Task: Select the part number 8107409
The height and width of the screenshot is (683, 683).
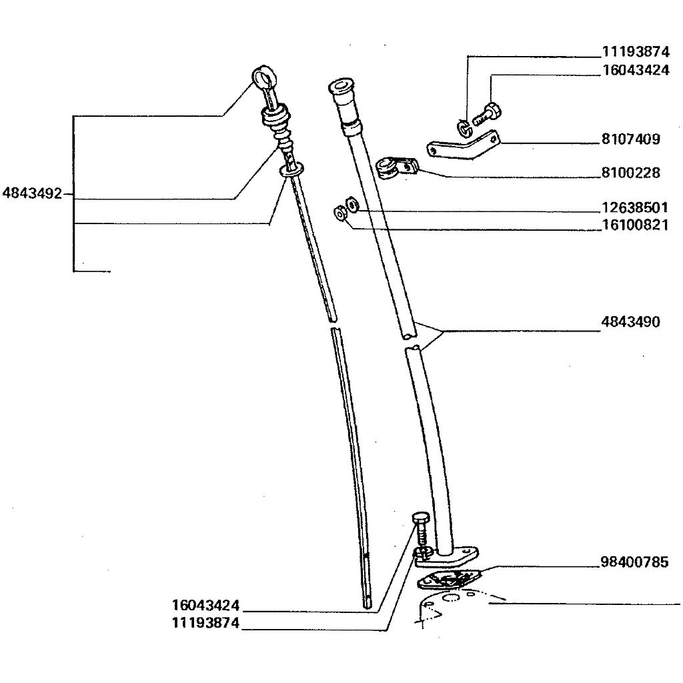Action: click(630, 139)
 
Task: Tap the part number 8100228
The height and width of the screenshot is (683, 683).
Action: click(630, 173)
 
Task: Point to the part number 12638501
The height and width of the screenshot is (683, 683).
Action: click(634, 207)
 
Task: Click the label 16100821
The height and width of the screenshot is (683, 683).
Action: click(634, 225)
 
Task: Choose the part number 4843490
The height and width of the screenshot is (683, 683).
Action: click(630, 322)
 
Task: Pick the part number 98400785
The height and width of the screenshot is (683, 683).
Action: click(634, 562)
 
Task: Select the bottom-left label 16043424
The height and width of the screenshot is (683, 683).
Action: click(205, 606)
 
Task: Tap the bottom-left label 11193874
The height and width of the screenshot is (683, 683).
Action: click(205, 624)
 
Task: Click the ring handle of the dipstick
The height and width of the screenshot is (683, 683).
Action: click(263, 77)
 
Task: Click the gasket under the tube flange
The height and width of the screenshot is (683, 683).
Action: click(448, 579)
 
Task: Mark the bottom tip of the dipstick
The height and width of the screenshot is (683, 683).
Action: click(369, 602)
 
